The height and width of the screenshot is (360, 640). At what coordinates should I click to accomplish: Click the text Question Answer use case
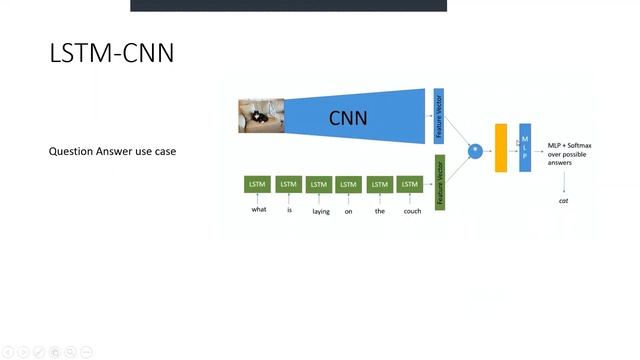(112, 152)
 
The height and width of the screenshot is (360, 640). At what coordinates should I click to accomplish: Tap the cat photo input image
(260, 115)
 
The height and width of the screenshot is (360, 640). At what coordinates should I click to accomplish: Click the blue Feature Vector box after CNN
(438, 116)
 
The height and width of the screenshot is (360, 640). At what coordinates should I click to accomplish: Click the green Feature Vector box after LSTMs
(439, 182)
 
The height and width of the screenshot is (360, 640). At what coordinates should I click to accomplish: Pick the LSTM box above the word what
(258, 184)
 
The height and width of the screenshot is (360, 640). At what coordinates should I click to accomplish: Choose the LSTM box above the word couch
(409, 184)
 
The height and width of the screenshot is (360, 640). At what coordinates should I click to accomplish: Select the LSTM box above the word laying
(319, 184)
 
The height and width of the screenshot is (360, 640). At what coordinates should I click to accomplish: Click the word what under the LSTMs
(259, 210)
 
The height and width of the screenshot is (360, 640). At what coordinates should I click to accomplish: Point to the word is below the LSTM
(289, 210)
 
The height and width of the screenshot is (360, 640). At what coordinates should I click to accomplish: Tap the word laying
(320, 210)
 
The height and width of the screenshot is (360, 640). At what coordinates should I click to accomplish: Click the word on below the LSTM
(348, 210)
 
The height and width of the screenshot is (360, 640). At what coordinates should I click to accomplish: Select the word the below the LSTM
(379, 210)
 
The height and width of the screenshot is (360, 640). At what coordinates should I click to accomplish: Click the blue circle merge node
(476, 150)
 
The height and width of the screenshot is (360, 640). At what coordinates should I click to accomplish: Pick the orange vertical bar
(501, 148)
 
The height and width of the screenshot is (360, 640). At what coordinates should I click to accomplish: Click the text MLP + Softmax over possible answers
(569, 154)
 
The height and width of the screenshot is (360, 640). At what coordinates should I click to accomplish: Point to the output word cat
(563, 201)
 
